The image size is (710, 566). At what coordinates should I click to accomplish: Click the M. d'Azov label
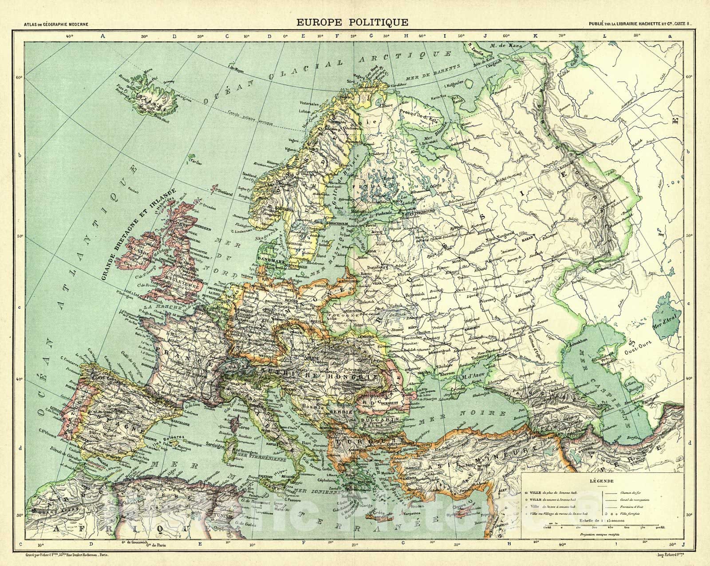coord(474,376)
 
